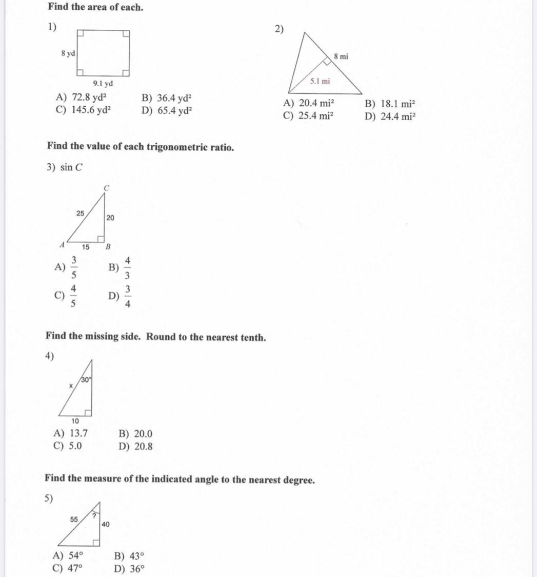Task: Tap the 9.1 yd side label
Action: coord(103,84)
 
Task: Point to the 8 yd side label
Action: coord(68,53)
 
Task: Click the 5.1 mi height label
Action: coord(321,81)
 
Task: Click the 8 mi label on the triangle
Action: coord(341,56)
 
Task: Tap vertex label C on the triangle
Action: coord(107,188)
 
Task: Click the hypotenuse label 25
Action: coord(81,213)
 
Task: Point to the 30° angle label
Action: coord(85,380)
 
